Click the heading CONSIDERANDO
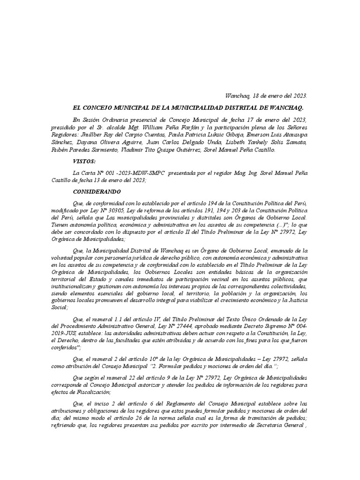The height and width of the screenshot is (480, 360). click(97, 192)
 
